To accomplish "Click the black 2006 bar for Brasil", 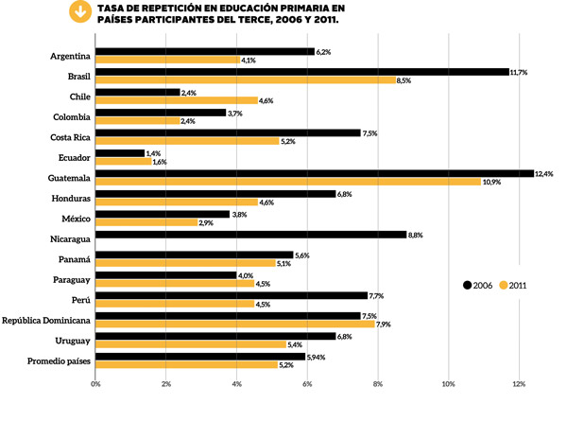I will pyautogui.click(x=302, y=72).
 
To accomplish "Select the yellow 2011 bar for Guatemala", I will pyautogui.click(x=288, y=182).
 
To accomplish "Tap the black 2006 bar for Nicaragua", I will pyautogui.click(x=250, y=235).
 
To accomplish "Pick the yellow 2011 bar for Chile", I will pyautogui.click(x=177, y=100).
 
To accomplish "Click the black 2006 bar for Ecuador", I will pyautogui.click(x=120, y=152).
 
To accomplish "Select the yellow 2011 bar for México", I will pyautogui.click(x=146, y=222).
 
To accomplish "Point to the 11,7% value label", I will pyautogui.click(x=521, y=72).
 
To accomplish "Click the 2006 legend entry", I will pyautogui.click(x=478, y=284).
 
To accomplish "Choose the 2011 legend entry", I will pyautogui.click(x=514, y=284).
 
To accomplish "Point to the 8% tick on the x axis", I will pyautogui.click(x=377, y=383).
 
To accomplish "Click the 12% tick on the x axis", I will pyautogui.click(x=519, y=383).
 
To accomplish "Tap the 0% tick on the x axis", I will pyautogui.click(x=95, y=383).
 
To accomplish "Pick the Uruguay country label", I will pyautogui.click(x=72, y=340).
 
